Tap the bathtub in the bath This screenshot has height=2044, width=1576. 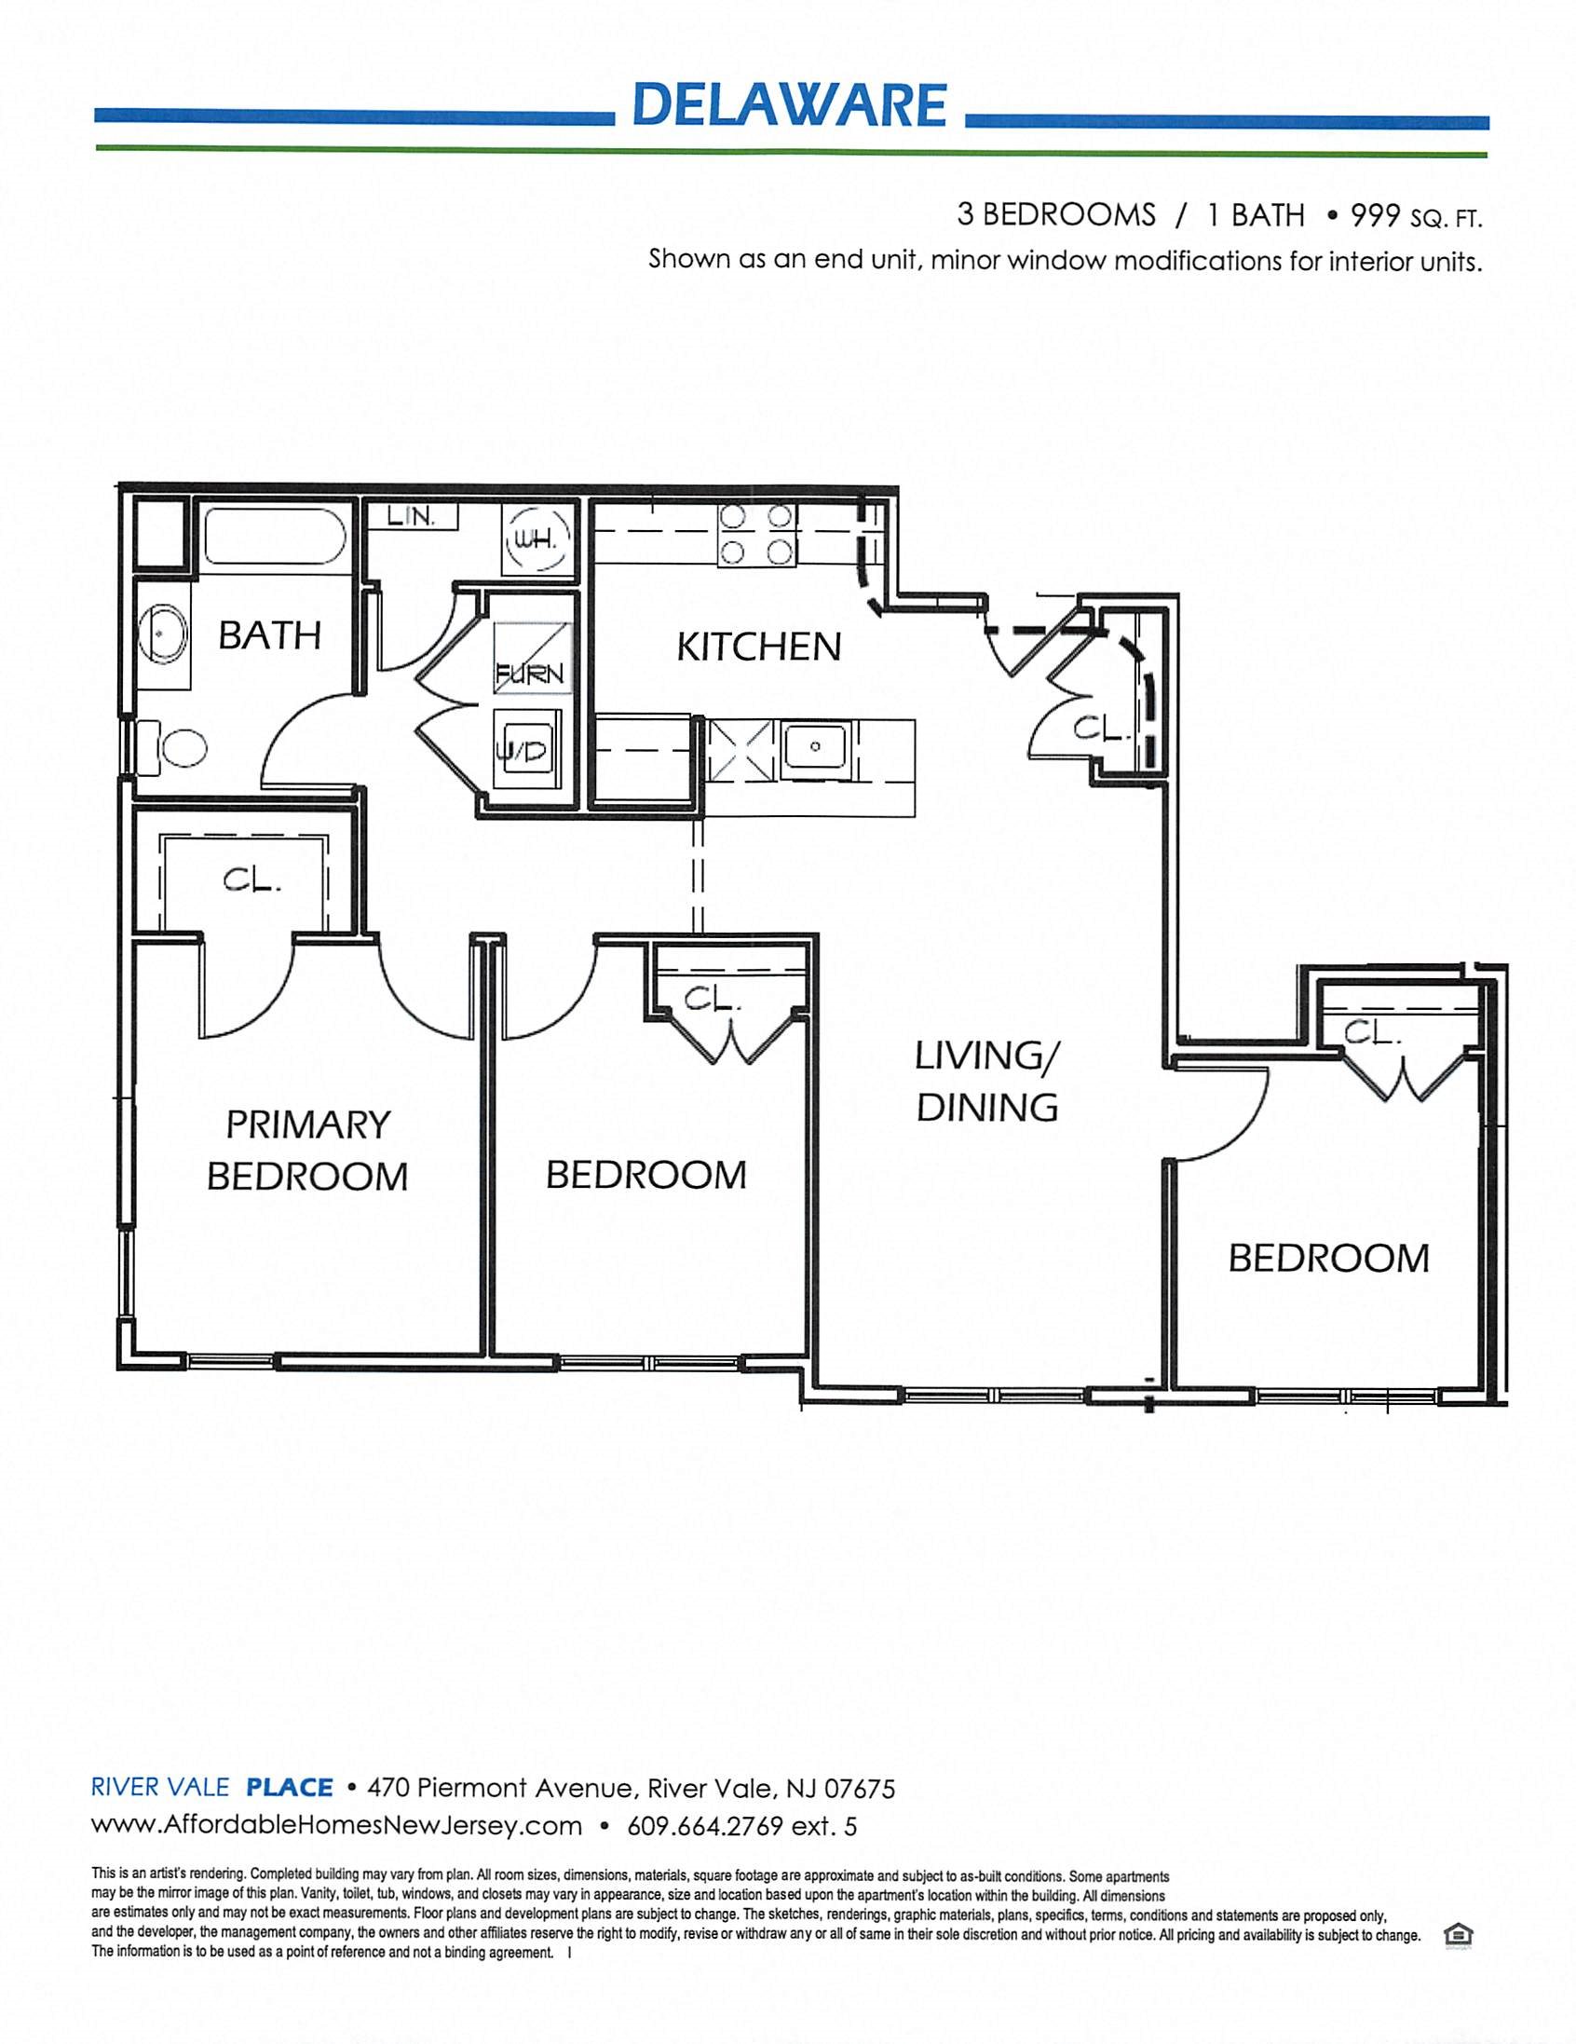(275, 536)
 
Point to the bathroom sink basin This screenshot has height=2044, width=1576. (163, 634)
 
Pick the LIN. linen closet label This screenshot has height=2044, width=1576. (412, 517)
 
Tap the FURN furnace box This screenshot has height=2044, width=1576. (532, 659)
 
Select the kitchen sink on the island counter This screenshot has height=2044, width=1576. (815, 748)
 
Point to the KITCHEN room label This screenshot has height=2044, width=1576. (759, 647)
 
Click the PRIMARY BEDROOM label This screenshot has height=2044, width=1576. (308, 1151)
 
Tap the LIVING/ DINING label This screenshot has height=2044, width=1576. (986, 1082)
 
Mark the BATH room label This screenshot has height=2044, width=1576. (269, 635)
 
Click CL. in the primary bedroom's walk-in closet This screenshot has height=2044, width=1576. (251, 880)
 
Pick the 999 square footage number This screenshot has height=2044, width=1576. (1373, 216)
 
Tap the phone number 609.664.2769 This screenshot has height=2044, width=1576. (704, 1826)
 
